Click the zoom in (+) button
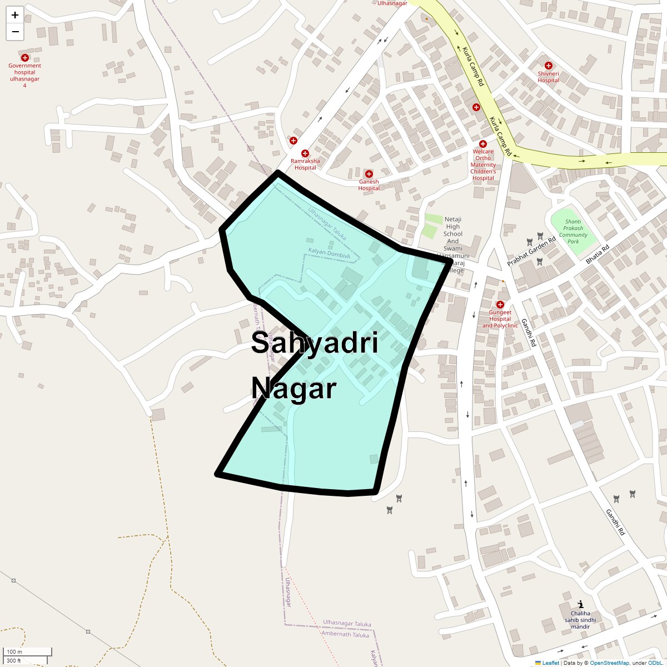click(x=15, y=15)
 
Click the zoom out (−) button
click(x=15, y=32)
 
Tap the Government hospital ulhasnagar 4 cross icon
click(x=24, y=58)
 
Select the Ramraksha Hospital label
click(x=305, y=164)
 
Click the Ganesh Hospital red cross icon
click(x=369, y=174)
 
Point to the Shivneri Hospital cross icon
click(x=548, y=66)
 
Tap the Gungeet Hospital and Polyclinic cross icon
click(x=500, y=305)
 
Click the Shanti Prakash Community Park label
click(x=573, y=231)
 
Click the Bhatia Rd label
click(x=598, y=254)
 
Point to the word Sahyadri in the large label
click(x=315, y=342)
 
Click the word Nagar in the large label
click(x=293, y=388)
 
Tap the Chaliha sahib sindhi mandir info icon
click(x=580, y=604)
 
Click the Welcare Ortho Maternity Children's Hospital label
click(x=483, y=165)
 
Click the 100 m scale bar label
click(x=14, y=651)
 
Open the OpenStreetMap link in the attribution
click(x=609, y=663)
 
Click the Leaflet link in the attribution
click(x=550, y=663)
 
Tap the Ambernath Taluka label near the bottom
click(x=346, y=635)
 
